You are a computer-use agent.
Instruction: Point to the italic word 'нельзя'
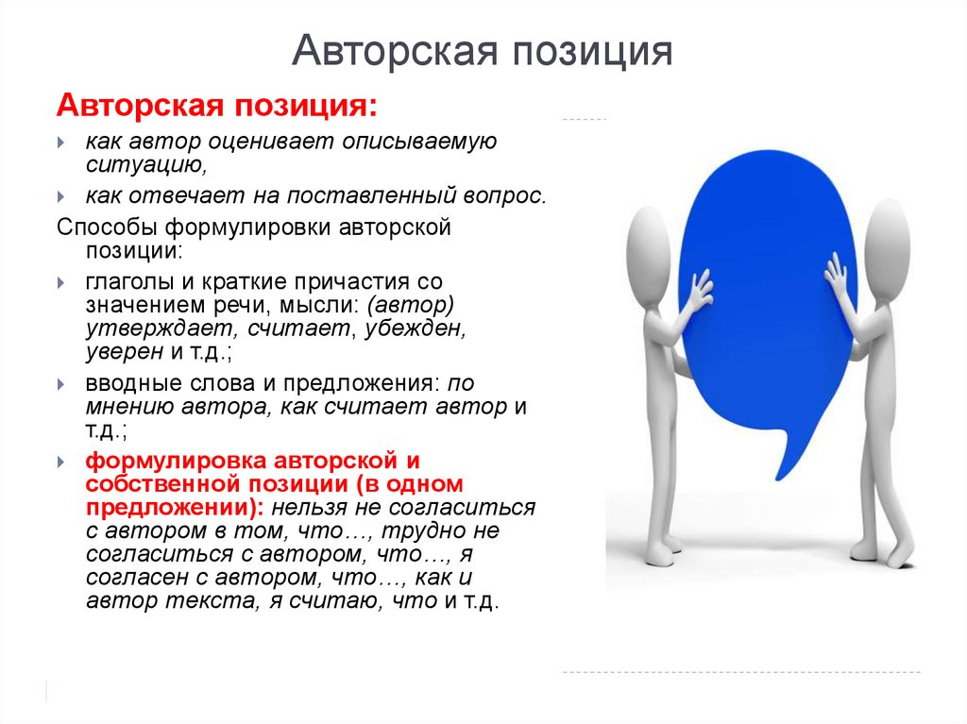tap(313, 507)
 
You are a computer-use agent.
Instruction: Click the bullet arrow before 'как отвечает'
tap(61, 196)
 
